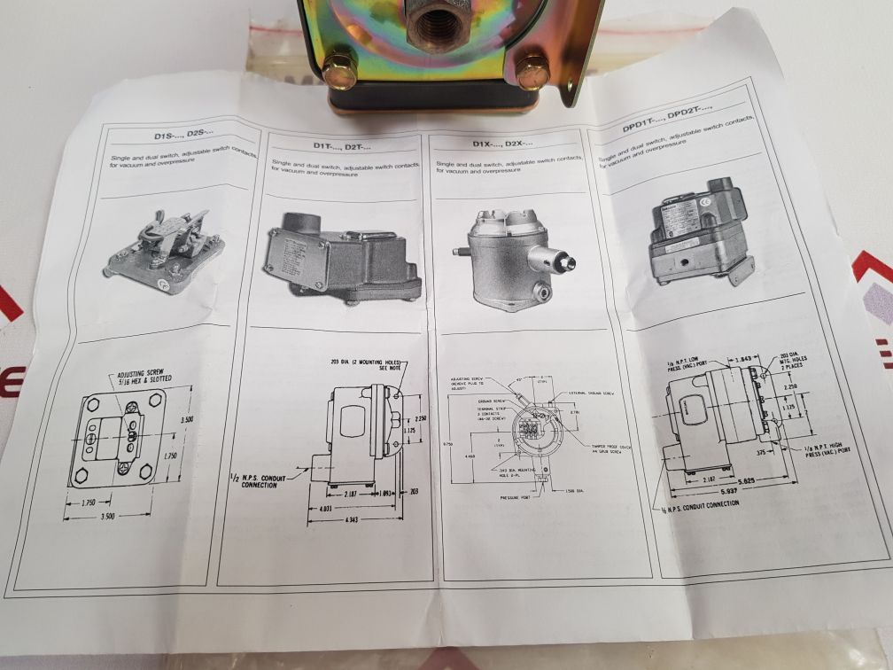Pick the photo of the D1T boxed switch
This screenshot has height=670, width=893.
click(341, 259)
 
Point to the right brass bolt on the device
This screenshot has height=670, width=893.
click(533, 70)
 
